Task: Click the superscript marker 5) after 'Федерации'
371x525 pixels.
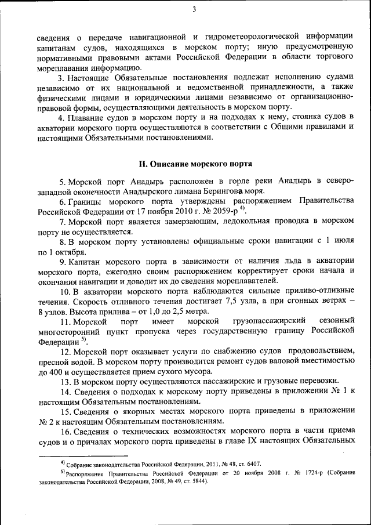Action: (83, 340)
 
